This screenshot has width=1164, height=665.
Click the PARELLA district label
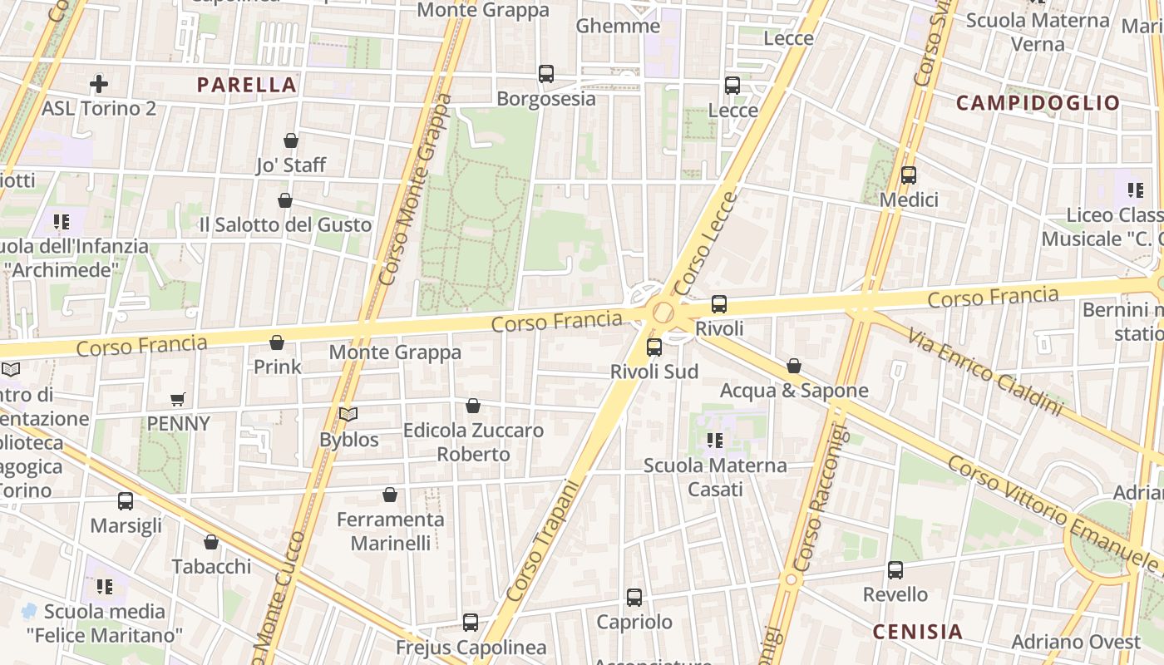pos(247,85)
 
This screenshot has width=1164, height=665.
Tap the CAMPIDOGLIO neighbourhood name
pos(1038,103)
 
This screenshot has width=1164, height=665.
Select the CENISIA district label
pos(917,632)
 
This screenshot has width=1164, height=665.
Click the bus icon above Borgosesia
pos(546,74)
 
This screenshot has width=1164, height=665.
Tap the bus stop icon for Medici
pos(909,175)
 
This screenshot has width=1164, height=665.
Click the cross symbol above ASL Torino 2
pos(99,84)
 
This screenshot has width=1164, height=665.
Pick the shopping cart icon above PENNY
pos(177,400)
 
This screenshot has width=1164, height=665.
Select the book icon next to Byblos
pos(348,414)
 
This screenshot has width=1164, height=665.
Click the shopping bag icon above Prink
pos(277,342)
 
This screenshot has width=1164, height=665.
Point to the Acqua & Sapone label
pos(794,391)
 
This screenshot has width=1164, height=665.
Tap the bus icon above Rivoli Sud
pos(654,347)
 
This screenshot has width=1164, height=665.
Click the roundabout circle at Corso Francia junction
pos(663,313)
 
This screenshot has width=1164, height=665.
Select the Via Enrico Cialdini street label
pos(984,372)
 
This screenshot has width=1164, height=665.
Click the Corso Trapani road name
pos(541,540)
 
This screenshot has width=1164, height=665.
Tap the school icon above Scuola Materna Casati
pos(714,441)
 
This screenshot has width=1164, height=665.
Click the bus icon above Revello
pos(895,570)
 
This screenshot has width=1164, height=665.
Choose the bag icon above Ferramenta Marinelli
pos(390,495)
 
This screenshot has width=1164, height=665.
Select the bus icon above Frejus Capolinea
pos(471,623)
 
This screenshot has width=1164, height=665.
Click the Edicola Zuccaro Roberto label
pos(473,442)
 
